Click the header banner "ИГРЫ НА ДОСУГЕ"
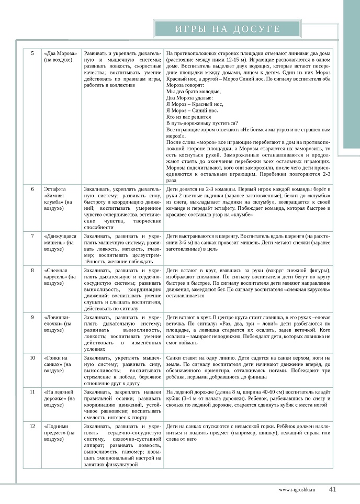click(228, 29)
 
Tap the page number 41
click(332, 490)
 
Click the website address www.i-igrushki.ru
click(298, 490)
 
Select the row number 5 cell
click(32, 54)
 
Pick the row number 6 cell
click(32, 188)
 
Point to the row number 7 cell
click(32, 236)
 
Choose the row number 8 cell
click(32, 270)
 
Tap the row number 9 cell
click(32, 317)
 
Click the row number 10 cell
click(32, 357)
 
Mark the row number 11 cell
click(32, 391)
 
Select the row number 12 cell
click(32, 426)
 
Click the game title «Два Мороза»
click(61, 58)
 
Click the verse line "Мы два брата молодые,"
click(193, 91)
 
